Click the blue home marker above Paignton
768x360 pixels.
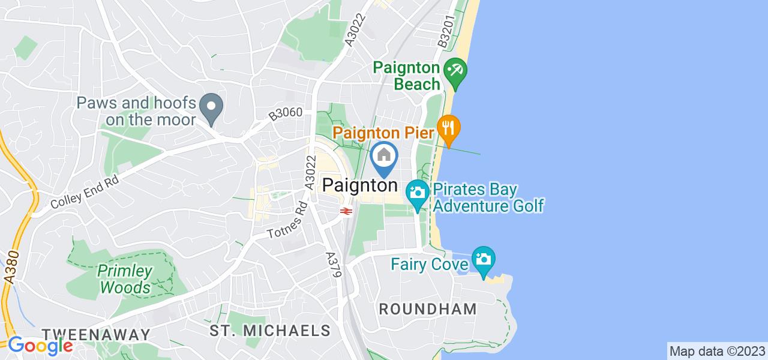[x=384, y=156]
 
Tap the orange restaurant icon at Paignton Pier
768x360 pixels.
[x=448, y=128]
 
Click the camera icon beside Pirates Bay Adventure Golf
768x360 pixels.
[x=416, y=193]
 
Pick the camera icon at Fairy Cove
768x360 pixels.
[x=483, y=260]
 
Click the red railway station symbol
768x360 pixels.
[x=345, y=211]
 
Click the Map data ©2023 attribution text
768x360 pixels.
[x=717, y=351]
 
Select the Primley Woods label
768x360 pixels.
[x=125, y=279]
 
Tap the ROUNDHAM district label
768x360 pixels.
[x=428, y=310]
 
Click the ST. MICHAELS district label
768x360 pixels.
[x=270, y=330]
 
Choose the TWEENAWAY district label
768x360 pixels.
[x=96, y=334]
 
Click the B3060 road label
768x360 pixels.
[x=286, y=113]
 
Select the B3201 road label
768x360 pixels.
[x=445, y=34]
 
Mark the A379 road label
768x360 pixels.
[x=334, y=265]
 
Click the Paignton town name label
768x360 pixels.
[x=360, y=185]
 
